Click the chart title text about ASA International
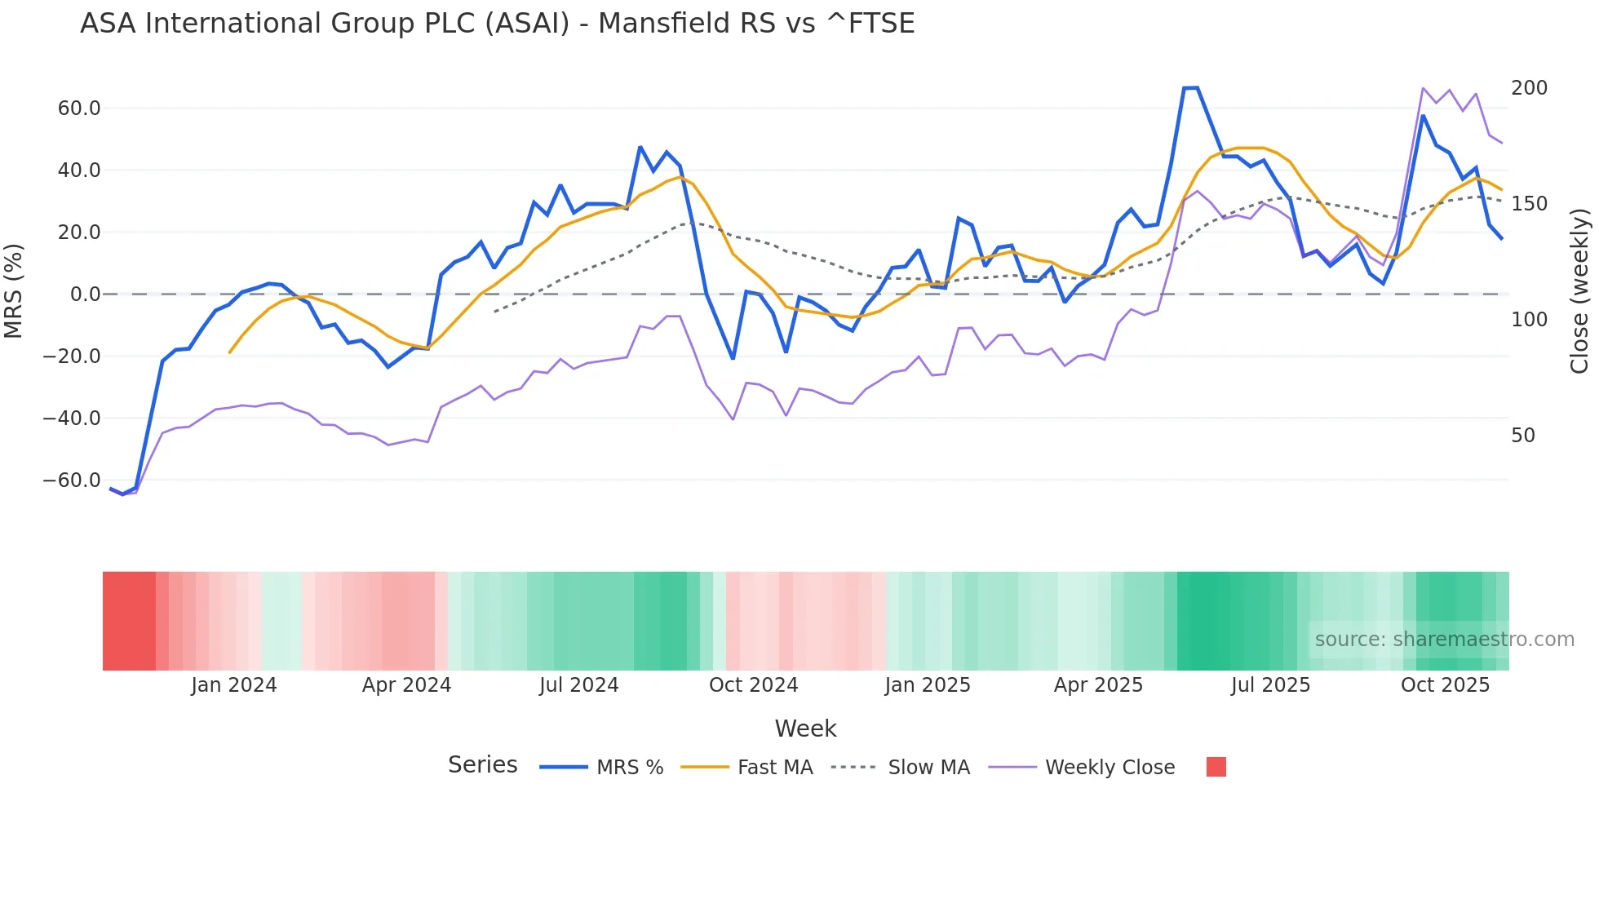(x=497, y=24)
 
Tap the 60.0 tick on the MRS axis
(x=79, y=108)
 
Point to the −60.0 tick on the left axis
(x=72, y=480)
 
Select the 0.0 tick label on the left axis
(x=85, y=294)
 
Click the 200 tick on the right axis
(x=1529, y=88)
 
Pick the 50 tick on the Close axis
(x=1522, y=436)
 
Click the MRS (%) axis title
(x=14, y=290)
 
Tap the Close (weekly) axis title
(x=1580, y=290)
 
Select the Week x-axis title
(x=805, y=728)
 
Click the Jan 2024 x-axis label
(x=234, y=685)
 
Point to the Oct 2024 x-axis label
(x=753, y=685)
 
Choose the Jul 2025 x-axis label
(x=1270, y=685)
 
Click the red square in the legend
(x=1216, y=767)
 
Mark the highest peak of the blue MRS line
(x=1190, y=88)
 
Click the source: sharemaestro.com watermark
(x=1444, y=640)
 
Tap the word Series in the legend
(x=482, y=765)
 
